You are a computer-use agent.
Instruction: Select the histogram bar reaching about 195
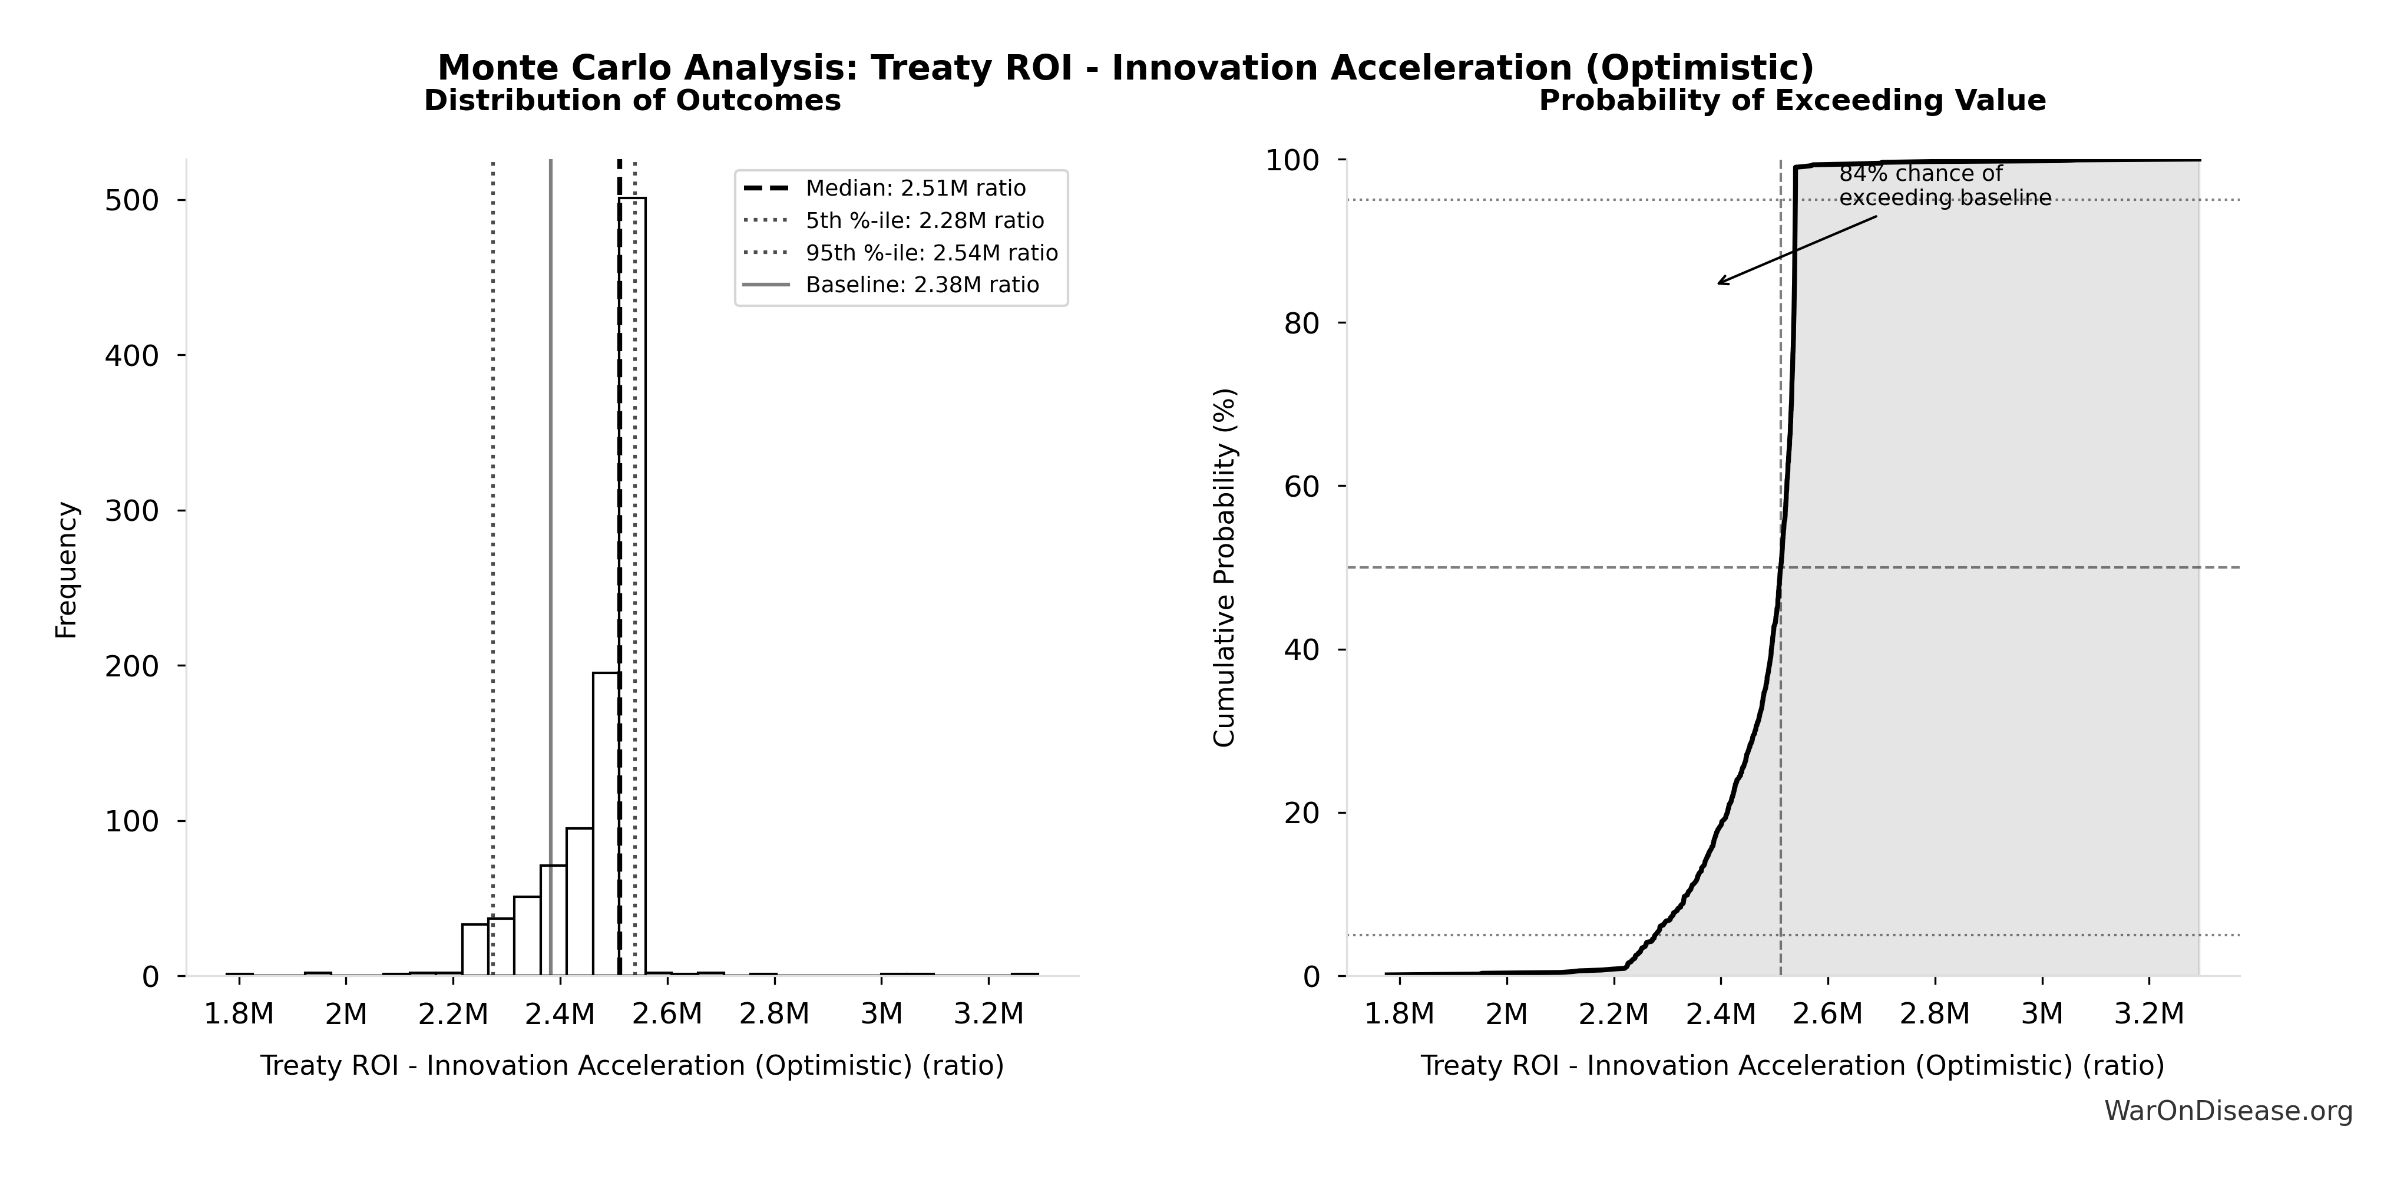point(606,822)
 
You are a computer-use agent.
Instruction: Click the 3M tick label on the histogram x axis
point(881,1013)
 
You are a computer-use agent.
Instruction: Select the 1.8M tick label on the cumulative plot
point(1399,1013)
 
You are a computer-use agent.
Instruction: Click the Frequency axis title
point(67,570)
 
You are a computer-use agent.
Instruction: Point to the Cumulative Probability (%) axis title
point(1224,567)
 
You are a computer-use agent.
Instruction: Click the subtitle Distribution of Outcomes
point(633,101)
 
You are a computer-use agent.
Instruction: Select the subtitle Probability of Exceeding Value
point(1792,101)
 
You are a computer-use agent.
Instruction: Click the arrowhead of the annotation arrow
point(1720,283)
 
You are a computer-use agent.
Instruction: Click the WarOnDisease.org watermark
point(2227,1111)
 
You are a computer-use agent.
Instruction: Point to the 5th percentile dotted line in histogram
point(492,560)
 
